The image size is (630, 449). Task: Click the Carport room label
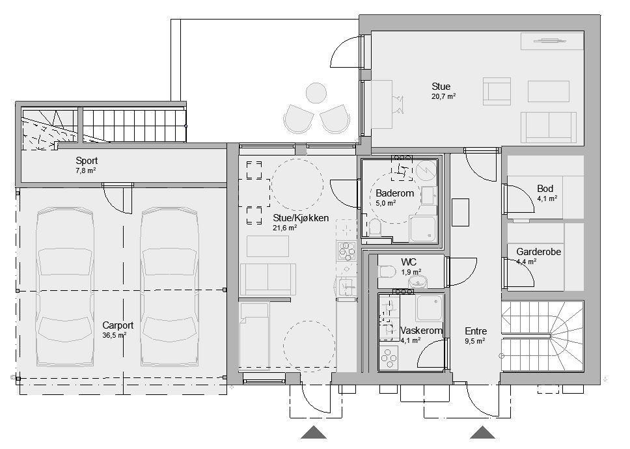(118, 325)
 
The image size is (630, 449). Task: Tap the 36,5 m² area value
(115, 335)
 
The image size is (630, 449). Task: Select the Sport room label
(87, 161)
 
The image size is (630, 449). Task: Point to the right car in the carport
(169, 287)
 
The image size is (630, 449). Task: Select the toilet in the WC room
(387, 272)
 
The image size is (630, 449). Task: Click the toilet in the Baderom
(376, 227)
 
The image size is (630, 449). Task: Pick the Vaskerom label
(422, 331)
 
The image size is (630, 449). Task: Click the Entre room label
(476, 331)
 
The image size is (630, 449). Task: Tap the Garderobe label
(538, 252)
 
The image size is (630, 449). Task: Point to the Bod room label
(545, 188)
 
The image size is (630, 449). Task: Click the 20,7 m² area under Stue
(443, 96)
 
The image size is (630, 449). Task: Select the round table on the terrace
(316, 93)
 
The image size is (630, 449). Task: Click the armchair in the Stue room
(497, 91)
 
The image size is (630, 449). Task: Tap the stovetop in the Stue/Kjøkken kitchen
(346, 250)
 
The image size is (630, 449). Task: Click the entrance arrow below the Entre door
(482, 432)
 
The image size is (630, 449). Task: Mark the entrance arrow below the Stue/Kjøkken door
(314, 432)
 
